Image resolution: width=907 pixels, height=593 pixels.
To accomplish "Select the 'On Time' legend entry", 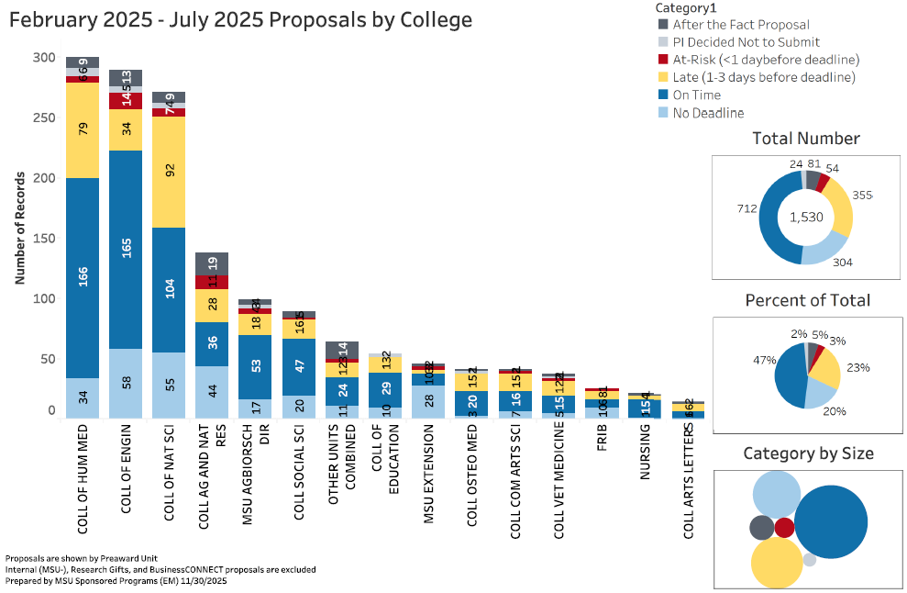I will pos(696,95).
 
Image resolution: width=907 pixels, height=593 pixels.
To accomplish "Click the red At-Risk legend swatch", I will pos(663,60).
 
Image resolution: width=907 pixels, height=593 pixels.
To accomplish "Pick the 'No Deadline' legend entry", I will pos(708,113).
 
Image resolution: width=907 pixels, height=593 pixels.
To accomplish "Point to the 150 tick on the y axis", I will pos(43,239).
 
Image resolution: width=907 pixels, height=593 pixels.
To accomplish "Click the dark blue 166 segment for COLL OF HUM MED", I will pos(83,278).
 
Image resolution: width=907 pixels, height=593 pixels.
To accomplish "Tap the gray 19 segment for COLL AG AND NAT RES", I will pos(212,263).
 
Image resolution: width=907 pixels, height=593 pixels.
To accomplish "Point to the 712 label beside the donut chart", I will pos(745,209).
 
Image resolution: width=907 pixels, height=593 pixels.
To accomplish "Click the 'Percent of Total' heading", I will pos(807,300).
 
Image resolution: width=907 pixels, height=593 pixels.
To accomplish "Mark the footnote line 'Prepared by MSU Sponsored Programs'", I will pos(116,581).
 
